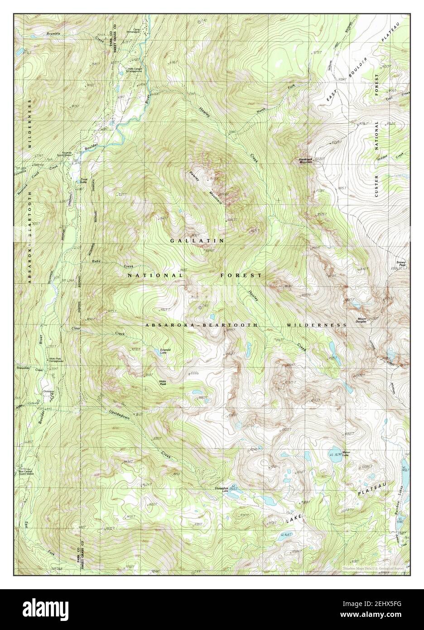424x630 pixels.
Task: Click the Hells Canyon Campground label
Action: pos(135,70)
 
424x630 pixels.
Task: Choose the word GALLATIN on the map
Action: pos(197,241)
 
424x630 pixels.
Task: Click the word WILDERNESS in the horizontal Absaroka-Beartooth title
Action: pos(317,325)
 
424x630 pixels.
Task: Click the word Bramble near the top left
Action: pos(53,34)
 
